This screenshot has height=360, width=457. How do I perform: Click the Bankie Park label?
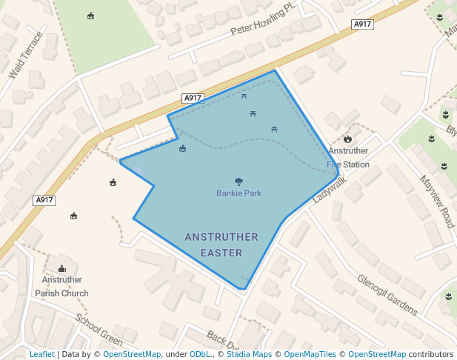click(x=238, y=193)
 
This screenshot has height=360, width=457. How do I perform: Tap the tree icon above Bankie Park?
click(x=238, y=181)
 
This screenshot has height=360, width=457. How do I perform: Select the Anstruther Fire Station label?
click(x=348, y=158)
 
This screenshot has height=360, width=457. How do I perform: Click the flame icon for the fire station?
click(x=347, y=139)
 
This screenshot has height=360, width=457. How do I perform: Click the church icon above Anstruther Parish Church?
click(x=61, y=268)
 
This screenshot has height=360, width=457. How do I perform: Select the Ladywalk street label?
click(x=329, y=188)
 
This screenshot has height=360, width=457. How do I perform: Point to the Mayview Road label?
click(x=436, y=201)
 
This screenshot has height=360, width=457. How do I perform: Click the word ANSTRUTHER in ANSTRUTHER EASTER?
click(x=221, y=238)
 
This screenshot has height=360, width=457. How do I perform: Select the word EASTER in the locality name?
click(x=221, y=253)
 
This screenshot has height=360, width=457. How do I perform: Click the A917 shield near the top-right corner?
click(x=361, y=24)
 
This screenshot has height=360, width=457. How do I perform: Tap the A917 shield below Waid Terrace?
click(x=44, y=200)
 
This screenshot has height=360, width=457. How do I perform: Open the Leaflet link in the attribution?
click(x=41, y=355)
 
